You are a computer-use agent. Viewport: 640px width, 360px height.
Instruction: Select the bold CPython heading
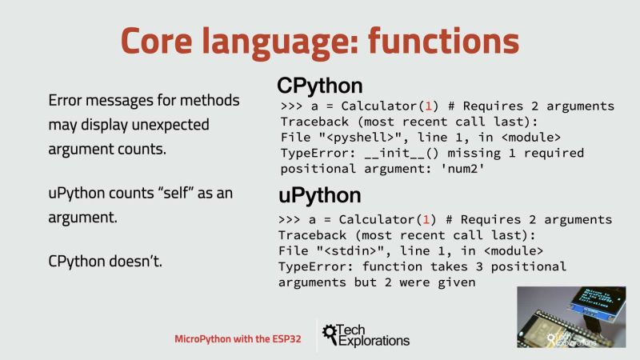(320, 86)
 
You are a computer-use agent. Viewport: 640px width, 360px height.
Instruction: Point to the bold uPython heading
(320, 196)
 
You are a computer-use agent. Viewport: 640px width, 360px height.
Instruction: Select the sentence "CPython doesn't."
(106, 261)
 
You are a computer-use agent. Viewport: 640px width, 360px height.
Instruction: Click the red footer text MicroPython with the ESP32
(238, 339)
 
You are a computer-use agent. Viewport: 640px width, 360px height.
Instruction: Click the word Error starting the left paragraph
(68, 102)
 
